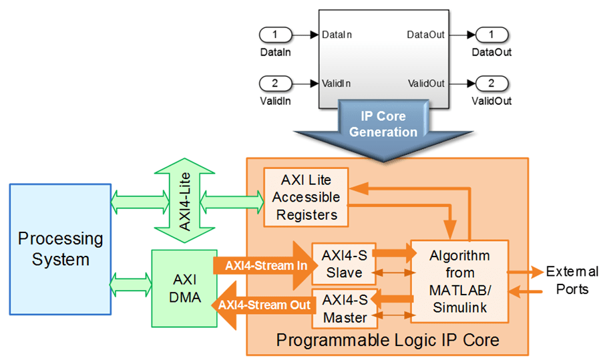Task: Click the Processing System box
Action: click(x=59, y=248)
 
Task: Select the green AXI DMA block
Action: click(x=184, y=288)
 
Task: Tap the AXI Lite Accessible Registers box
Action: click(x=306, y=196)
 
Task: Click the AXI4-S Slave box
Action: click(x=343, y=264)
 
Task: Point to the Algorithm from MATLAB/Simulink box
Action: click(x=459, y=281)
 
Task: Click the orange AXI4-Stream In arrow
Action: click(x=264, y=264)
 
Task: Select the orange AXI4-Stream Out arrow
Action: click(x=264, y=305)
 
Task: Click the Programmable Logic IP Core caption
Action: click(x=387, y=341)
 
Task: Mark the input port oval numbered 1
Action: click(x=276, y=33)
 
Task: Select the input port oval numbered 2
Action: click(x=276, y=83)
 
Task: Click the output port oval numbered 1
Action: click(x=491, y=33)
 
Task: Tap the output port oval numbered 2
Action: click(x=491, y=83)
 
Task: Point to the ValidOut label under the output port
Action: click(x=491, y=102)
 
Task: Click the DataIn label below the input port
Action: click(x=276, y=51)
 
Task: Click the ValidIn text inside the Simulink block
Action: click(x=336, y=83)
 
